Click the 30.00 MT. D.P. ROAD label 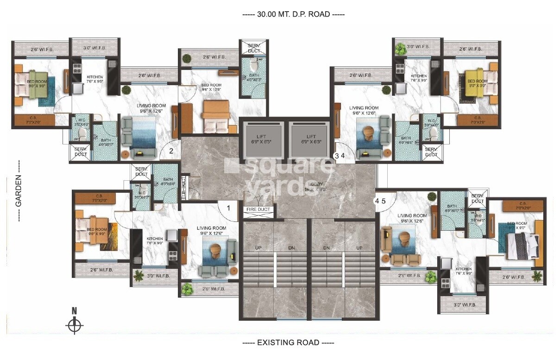point(293,14)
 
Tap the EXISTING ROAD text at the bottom point(288,343)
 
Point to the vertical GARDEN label point(19,191)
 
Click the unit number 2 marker point(171,151)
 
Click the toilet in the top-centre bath point(253,63)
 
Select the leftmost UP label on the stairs point(258,248)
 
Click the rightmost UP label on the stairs point(359,248)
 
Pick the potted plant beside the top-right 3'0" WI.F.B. point(400,48)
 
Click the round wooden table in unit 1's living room point(215,251)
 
